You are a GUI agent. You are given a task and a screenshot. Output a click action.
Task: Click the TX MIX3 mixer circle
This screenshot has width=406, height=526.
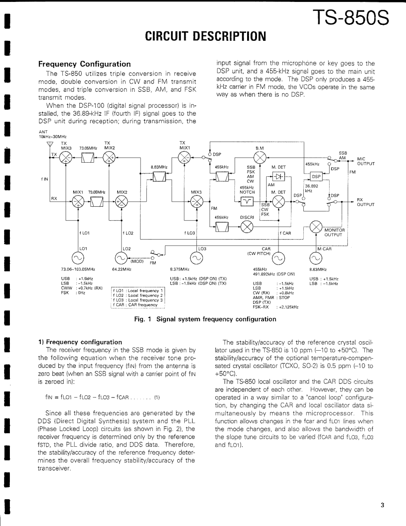tap(67, 157)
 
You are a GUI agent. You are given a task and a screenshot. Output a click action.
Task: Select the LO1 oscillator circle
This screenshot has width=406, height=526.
tap(77, 257)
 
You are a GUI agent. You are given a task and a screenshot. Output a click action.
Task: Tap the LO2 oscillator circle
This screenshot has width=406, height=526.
tap(121, 257)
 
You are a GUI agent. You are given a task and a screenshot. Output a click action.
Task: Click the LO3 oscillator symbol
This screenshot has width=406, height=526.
tap(197, 257)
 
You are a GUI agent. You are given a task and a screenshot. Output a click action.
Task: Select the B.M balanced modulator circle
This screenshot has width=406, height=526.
tap(260, 157)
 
